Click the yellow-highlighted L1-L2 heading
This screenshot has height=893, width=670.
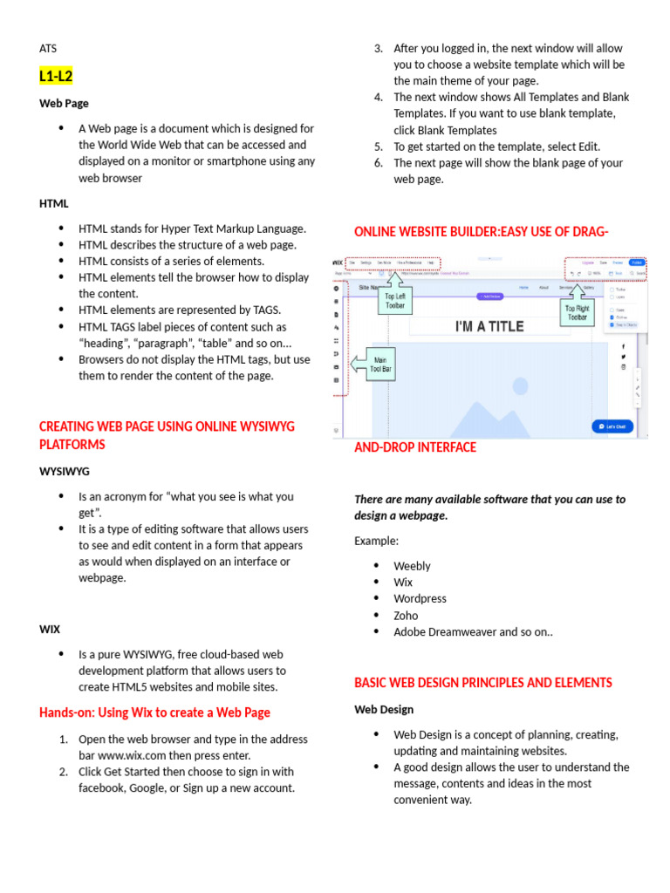coord(56,77)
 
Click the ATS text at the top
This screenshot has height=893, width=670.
coord(48,49)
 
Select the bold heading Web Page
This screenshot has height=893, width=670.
coord(64,103)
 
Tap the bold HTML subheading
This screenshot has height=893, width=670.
coord(53,203)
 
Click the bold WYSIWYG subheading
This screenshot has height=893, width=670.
coord(65,471)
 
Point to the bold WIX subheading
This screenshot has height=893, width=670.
coord(50,629)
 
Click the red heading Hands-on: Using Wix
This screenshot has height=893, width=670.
coord(154,712)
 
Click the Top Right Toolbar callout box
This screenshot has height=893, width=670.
coord(577,312)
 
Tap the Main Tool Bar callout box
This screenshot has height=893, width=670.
coord(380,364)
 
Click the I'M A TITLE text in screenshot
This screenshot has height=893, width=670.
coord(489,326)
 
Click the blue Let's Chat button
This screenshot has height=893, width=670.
coord(612,426)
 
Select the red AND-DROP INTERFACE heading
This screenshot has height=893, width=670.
coord(415,447)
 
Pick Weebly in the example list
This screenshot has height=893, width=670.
coord(412,566)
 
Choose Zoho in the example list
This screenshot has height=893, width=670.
coord(406,616)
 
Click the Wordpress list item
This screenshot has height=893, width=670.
coord(420,599)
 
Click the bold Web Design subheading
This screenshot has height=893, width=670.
coord(384,710)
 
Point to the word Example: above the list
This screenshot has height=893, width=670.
coord(376,541)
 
